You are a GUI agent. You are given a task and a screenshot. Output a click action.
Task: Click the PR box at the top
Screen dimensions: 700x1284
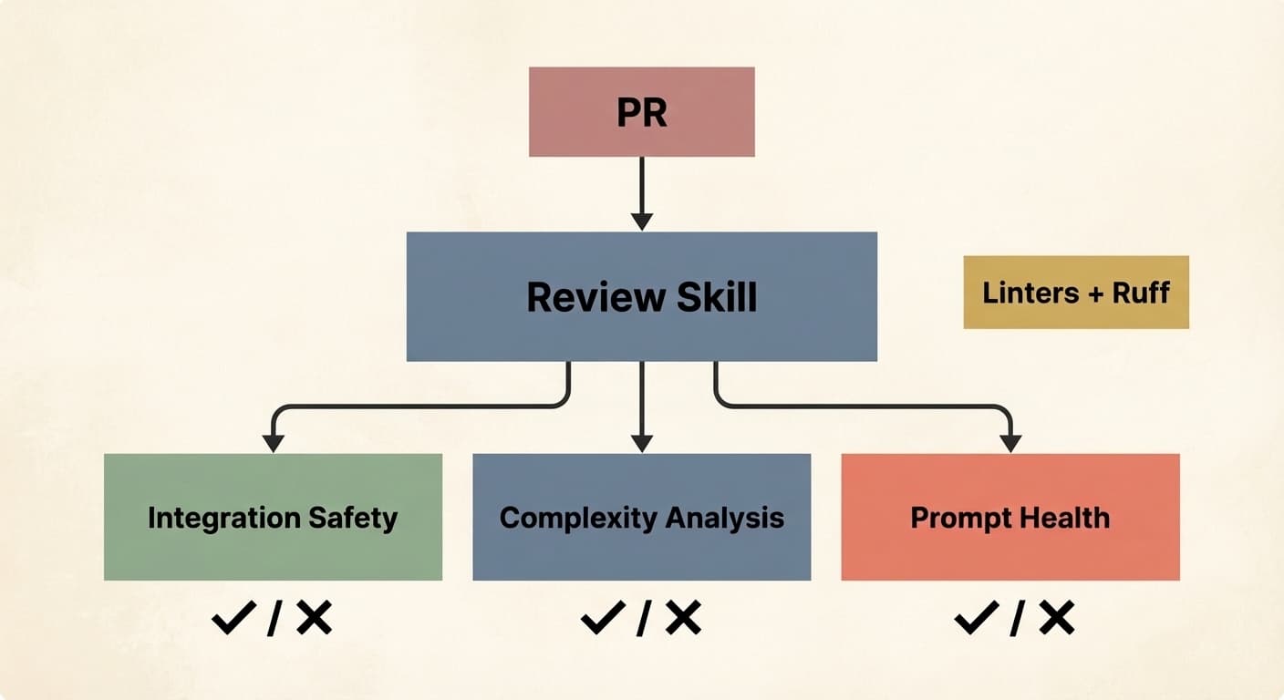point(641,111)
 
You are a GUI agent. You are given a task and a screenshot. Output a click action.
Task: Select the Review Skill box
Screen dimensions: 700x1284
point(641,296)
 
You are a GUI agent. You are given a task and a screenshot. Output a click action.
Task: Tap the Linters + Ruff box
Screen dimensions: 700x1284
point(1076,292)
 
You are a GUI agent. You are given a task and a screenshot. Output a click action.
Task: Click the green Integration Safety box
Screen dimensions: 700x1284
point(273,517)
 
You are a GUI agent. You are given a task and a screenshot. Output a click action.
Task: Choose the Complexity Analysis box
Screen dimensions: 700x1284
point(641,517)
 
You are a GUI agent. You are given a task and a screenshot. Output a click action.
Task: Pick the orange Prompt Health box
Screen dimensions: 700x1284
point(1010,517)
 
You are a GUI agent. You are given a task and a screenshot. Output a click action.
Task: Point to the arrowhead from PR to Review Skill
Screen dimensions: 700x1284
point(642,221)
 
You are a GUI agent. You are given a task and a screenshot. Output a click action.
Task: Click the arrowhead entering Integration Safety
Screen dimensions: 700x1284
point(273,443)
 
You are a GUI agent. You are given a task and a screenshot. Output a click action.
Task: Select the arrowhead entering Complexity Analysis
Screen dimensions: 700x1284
point(642,443)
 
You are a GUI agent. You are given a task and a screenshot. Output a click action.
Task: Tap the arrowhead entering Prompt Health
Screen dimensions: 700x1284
point(1010,443)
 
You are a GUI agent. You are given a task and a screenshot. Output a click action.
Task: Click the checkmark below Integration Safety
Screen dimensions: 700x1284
point(234,620)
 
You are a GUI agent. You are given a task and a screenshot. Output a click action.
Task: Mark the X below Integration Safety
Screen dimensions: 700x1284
point(314,619)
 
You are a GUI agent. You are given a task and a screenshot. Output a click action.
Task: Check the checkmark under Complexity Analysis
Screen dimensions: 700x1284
point(603,620)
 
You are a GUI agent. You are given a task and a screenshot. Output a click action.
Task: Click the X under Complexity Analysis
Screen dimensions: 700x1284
point(682,619)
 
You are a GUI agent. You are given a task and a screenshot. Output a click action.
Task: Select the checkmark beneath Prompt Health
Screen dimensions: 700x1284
point(977,620)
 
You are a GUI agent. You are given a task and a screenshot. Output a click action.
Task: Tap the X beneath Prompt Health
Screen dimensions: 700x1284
point(1056,619)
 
